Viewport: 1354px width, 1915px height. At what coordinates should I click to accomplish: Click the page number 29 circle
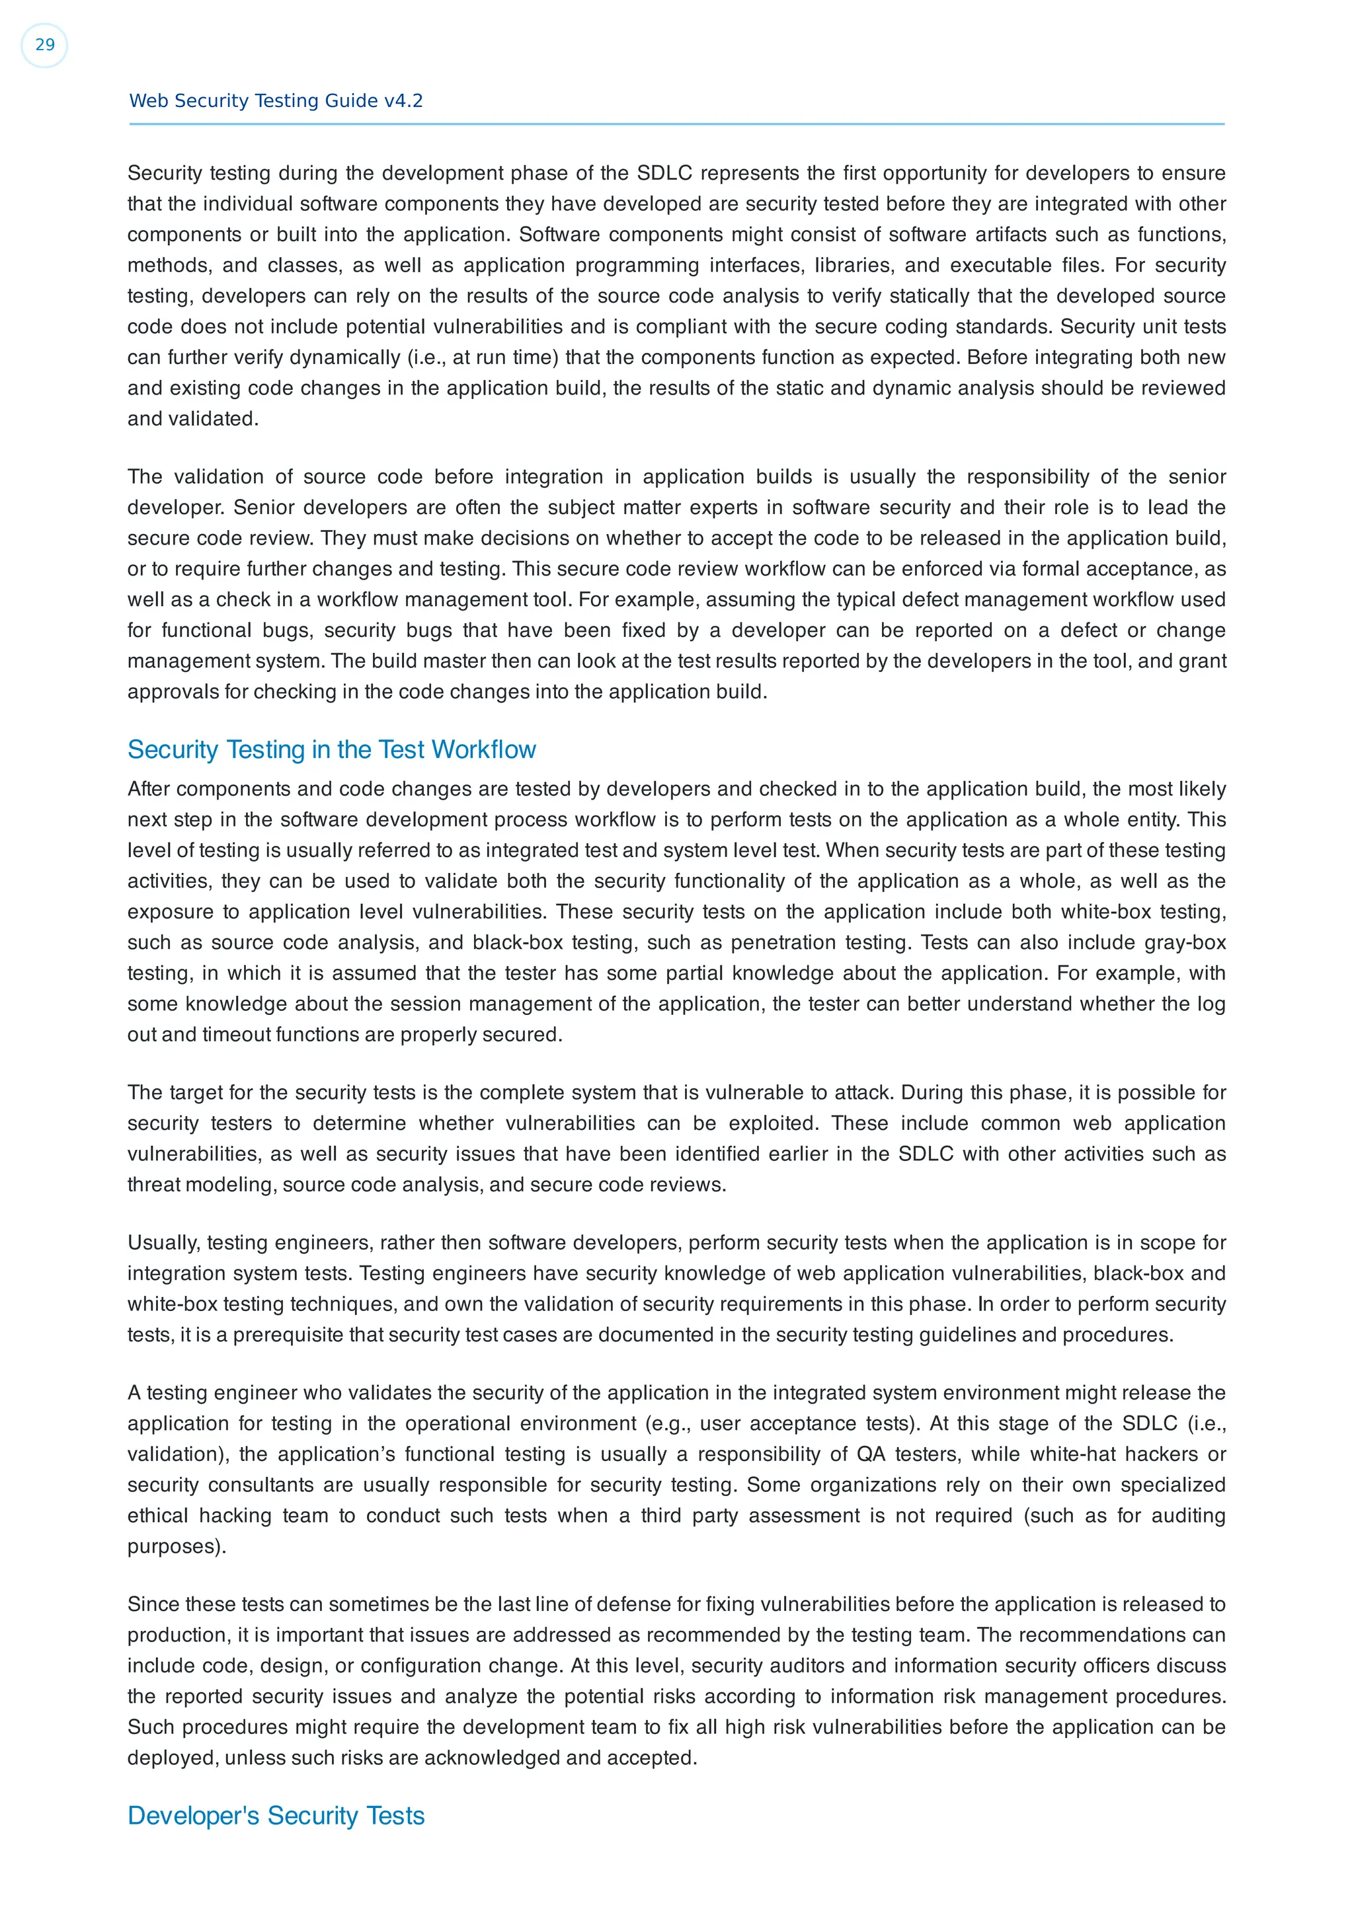44,45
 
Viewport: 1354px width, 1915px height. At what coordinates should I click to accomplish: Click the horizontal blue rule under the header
676,124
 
